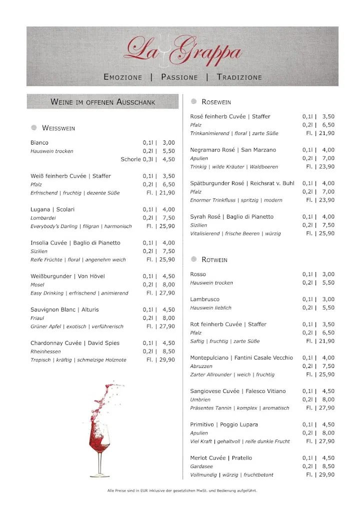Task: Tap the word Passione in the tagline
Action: (x=179, y=77)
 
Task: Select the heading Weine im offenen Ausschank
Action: (x=103, y=102)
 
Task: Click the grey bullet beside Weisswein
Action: (x=34, y=127)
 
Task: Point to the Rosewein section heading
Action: (x=216, y=102)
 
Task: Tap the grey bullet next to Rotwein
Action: (x=193, y=259)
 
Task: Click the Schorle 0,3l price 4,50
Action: (x=168, y=159)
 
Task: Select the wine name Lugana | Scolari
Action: (x=52, y=209)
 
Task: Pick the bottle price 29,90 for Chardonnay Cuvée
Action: (x=166, y=360)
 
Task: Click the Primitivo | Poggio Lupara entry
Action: (x=224, y=424)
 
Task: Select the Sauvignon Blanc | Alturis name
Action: (x=64, y=309)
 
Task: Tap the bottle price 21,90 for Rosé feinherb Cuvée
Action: (x=326, y=133)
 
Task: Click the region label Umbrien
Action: (x=200, y=399)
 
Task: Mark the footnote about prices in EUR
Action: (x=182, y=490)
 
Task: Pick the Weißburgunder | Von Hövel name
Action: (x=67, y=276)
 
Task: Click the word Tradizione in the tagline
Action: (x=239, y=77)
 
